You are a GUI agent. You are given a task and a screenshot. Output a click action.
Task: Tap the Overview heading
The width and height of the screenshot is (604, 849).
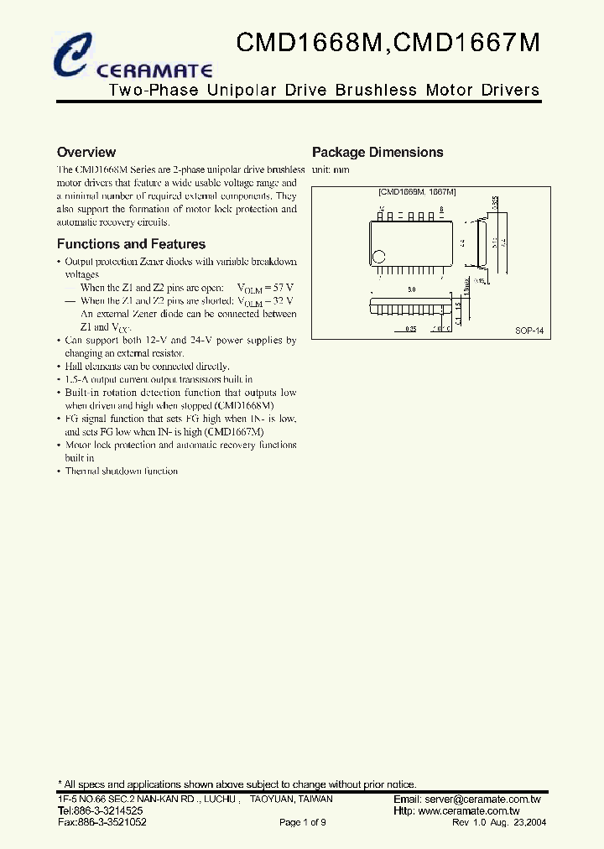(x=86, y=153)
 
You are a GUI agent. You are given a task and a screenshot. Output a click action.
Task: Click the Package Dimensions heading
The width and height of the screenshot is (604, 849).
(x=377, y=153)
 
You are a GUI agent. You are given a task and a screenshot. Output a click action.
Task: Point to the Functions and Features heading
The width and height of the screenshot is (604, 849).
(x=131, y=244)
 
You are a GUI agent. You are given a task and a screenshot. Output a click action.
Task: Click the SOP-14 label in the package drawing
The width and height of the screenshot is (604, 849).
(x=529, y=331)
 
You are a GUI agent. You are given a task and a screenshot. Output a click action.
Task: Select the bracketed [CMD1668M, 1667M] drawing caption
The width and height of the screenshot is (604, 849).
(x=417, y=192)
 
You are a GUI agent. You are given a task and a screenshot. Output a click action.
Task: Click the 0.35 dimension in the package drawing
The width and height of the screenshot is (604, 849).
(x=411, y=329)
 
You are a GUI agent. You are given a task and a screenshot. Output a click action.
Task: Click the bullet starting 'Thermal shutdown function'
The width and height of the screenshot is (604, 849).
(x=122, y=471)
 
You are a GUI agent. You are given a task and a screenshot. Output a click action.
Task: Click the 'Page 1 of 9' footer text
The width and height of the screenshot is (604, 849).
(x=302, y=823)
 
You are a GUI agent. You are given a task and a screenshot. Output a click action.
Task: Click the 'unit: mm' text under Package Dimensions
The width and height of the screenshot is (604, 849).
(x=331, y=170)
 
